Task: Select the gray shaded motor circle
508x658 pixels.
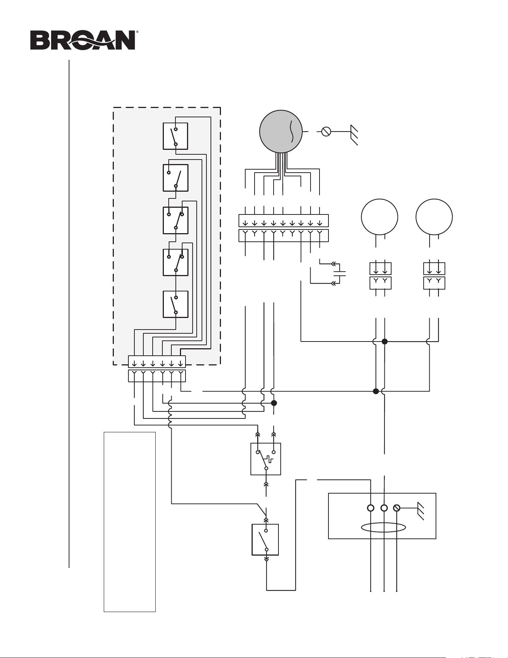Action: click(x=281, y=132)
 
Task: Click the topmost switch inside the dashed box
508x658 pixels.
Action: click(x=175, y=136)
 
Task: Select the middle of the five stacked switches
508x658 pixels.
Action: click(x=175, y=220)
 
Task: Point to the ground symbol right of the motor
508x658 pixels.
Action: click(x=354, y=135)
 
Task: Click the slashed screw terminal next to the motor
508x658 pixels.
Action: click(x=326, y=132)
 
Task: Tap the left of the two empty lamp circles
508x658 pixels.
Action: click(x=380, y=217)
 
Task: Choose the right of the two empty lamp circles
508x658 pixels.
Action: click(x=434, y=217)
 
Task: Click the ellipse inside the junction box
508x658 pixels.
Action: click(x=384, y=527)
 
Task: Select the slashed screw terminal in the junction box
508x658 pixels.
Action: click(x=396, y=508)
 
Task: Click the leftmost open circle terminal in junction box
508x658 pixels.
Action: click(x=371, y=508)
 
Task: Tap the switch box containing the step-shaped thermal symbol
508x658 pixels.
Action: click(x=266, y=459)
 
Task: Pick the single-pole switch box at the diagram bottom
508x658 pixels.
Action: click(x=265, y=540)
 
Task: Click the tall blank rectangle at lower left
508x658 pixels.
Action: click(x=130, y=522)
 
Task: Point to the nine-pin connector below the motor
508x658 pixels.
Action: click(x=283, y=228)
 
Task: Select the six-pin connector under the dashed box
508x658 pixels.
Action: click(x=157, y=369)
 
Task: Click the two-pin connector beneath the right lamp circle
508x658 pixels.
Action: click(x=434, y=276)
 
